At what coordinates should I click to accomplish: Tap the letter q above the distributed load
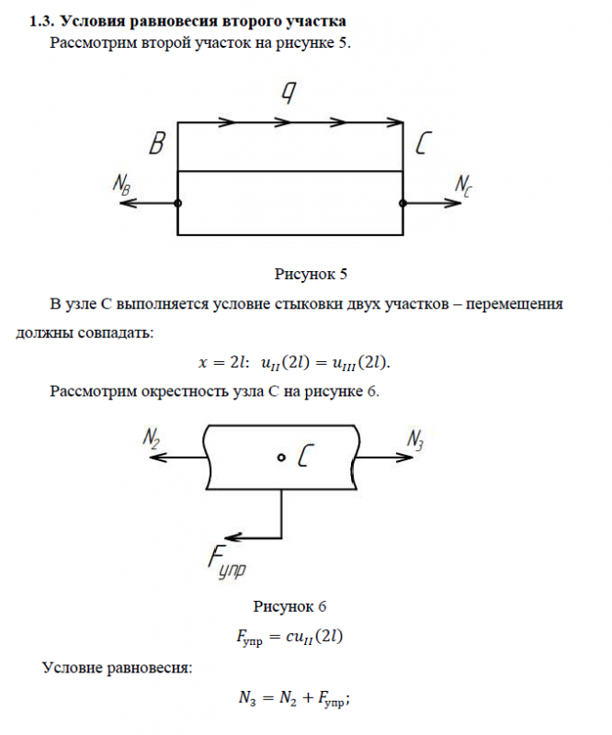point(289,94)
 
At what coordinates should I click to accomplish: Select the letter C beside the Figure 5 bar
point(425,145)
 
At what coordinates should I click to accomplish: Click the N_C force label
point(464,184)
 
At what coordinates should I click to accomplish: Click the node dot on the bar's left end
point(177,204)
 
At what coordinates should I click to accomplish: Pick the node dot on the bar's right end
point(403,204)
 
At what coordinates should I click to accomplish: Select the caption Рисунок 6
point(289,605)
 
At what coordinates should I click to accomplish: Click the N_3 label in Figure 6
point(415,440)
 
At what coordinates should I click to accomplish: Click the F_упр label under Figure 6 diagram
point(225,561)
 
